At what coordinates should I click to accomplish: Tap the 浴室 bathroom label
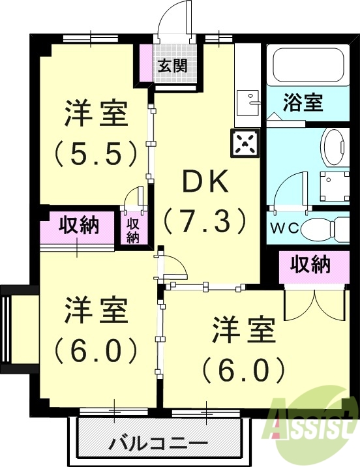coord(304,102)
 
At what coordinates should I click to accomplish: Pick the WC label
coord(284,230)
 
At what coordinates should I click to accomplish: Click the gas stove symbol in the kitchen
coord(245,142)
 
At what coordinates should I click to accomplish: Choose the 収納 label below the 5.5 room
coord(79,226)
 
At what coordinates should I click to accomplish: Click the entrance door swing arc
coord(175,16)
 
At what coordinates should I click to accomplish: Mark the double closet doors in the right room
coord(314,302)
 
